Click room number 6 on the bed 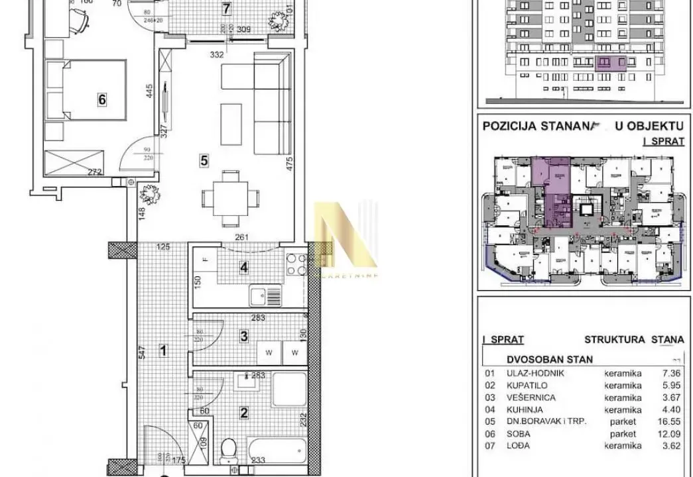[101, 100]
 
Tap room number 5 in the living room [204, 160]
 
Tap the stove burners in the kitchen [296, 265]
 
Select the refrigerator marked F [205, 259]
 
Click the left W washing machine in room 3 [269, 353]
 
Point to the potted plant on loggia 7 [278, 20]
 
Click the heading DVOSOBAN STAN [549, 360]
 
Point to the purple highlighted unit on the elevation [611, 64]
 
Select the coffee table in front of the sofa [231, 123]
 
